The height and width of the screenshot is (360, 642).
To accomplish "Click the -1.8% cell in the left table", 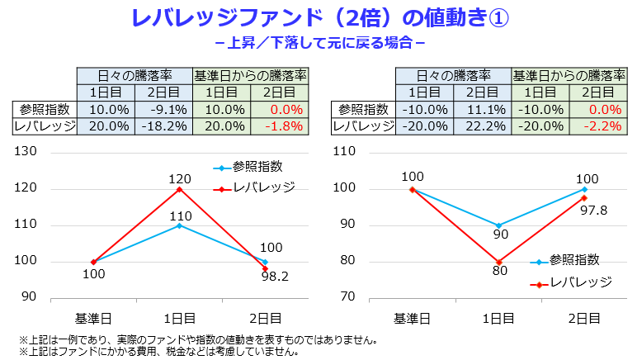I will (x=282, y=126).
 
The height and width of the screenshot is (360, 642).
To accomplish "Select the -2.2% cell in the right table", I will (x=600, y=126).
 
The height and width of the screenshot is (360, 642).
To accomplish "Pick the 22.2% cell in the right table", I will (x=484, y=126).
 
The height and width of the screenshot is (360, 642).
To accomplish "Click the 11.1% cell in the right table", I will (x=484, y=109).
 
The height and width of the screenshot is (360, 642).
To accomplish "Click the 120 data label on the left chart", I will (x=179, y=177).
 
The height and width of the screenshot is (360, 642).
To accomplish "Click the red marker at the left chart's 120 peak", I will (x=179, y=189).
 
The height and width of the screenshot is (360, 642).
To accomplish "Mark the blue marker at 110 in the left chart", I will (x=179, y=225).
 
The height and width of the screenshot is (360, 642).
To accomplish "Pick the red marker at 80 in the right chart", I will (x=498, y=262).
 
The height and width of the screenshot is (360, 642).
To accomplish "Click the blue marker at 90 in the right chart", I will (x=498, y=225).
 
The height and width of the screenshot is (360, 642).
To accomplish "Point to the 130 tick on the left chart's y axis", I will (x=27, y=152).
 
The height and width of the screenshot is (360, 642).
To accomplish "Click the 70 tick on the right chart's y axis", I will (x=347, y=297).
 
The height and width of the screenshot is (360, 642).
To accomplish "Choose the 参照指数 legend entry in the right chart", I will (x=574, y=260).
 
